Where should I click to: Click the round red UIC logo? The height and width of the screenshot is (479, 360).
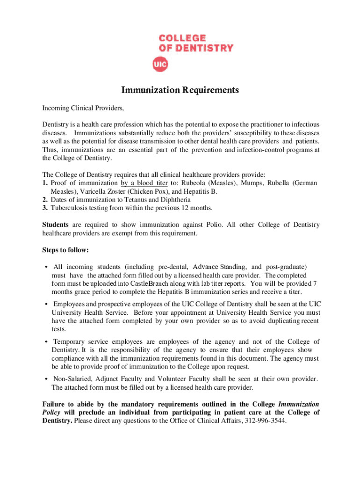[x=160, y=64]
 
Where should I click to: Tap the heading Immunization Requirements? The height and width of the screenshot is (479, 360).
[x=180, y=90]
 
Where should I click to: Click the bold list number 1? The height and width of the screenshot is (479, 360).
[x=44, y=183]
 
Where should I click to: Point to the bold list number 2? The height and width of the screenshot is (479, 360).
[x=44, y=199]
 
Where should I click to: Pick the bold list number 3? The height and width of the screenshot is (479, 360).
[x=44, y=208]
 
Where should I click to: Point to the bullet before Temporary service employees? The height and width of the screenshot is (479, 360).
[x=46, y=342]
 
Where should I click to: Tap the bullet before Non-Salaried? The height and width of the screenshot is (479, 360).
[x=46, y=379]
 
